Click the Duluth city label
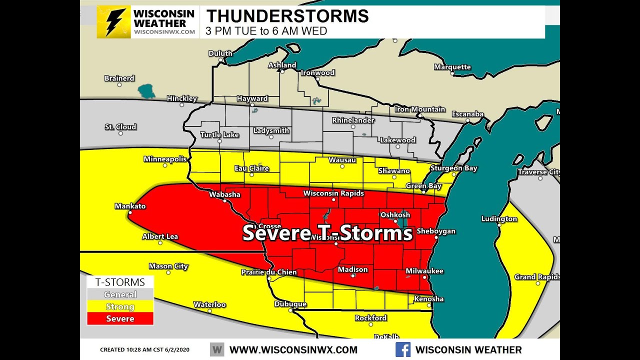coord(220,53)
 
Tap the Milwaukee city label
coord(424,271)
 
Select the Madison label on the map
coord(352,269)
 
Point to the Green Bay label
coord(423,186)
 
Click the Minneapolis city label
coord(165,159)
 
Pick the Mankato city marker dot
coord(129,213)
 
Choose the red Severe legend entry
coord(120,318)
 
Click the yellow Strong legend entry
coord(120,306)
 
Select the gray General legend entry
coord(120,294)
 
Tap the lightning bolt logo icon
coord(114,22)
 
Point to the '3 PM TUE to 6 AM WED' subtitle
coord(266,31)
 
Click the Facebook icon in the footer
coord(403,349)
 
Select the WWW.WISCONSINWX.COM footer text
coord(293,350)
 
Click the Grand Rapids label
coord(537,277)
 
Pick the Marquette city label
coord(452,67)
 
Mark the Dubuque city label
coord(290,304)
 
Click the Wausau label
coord(342,160)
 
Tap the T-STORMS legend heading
coord(120,282)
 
